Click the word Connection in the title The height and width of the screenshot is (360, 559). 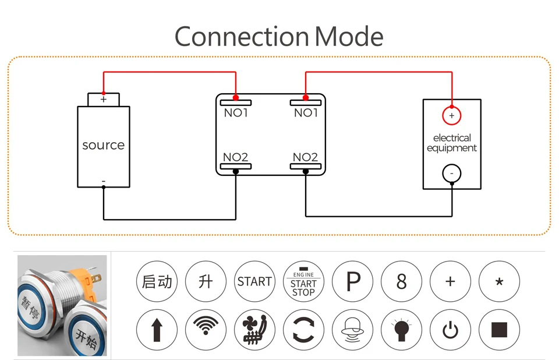[x=241, y=36]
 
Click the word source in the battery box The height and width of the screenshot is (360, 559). [x=104, y=145]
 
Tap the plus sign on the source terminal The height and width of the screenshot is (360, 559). [x=104, y=99]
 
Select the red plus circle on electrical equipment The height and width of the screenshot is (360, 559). [x=452, y=115]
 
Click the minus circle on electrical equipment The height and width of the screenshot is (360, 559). [x=452, y=174]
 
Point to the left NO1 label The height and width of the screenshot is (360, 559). [x=236, y=113]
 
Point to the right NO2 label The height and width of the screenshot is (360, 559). [x=305, y=157]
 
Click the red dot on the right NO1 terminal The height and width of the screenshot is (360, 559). [x=306, y=97]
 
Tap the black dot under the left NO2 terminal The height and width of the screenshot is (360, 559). [x=236, y=172]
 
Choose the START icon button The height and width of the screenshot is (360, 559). [x=254, y=281]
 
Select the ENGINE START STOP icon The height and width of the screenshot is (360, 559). [x=304, y=281]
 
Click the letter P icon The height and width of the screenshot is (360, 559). [x=353, y=281]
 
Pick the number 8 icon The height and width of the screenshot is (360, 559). [x=401, y=281]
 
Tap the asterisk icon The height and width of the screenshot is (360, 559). [x=500, y=281]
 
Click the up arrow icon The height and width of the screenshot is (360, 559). [x=157, y=330]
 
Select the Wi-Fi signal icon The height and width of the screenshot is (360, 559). [x=206, y=330]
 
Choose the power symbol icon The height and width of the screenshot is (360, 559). [x=450, y=330]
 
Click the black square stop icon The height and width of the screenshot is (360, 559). [x=500, y=330]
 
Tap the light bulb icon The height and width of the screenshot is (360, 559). [x=401, y=330]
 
